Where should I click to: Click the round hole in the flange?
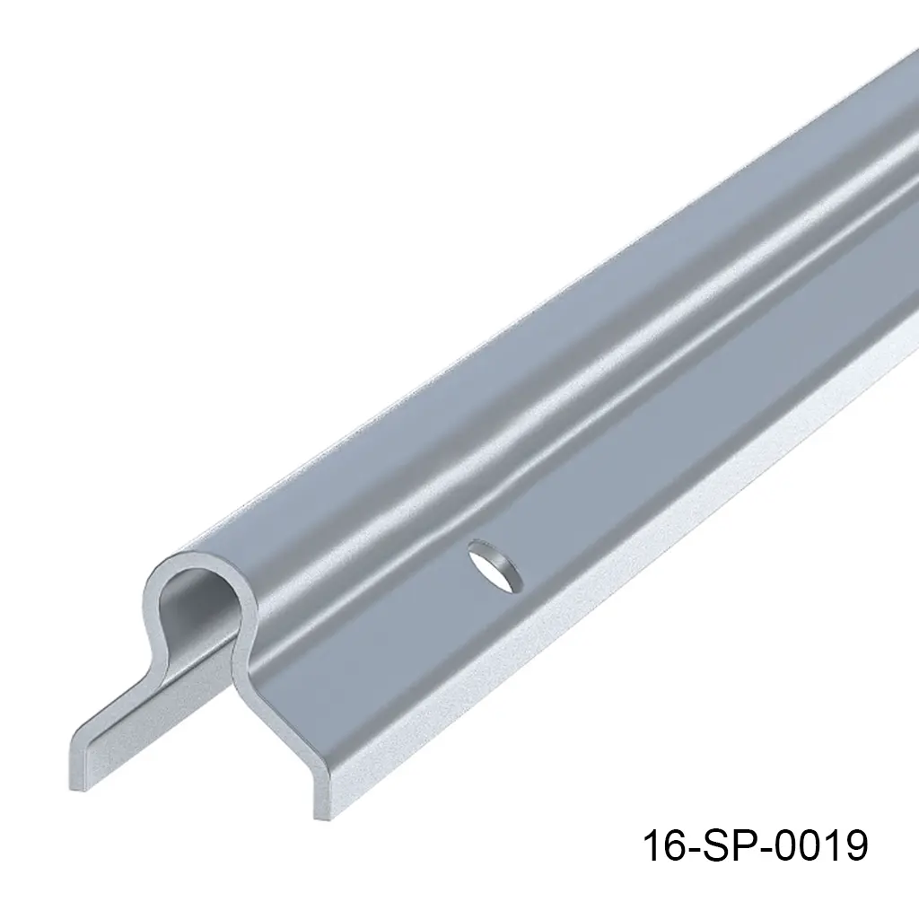[491, 567]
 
